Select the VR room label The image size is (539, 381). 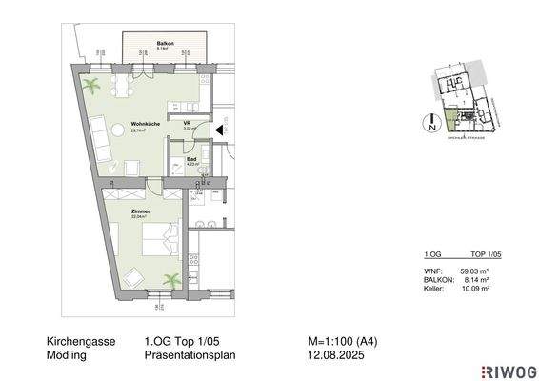point(188,123)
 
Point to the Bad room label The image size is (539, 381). point(190,159)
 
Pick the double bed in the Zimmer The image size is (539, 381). point(158,236)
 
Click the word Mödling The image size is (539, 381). point(66,354)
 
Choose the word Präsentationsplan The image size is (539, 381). point(190,354)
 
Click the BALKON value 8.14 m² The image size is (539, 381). point(475,278)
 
